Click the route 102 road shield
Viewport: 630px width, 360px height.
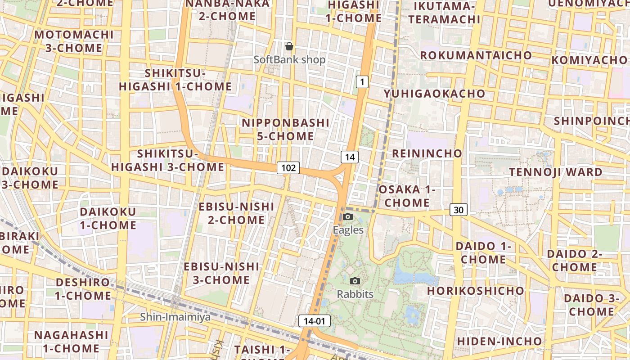288,168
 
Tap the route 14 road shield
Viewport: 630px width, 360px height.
350,157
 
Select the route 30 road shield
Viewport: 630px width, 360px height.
458,210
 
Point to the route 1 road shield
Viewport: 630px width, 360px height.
362,82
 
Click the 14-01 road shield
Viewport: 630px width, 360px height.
314,321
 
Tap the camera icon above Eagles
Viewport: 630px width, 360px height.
348,217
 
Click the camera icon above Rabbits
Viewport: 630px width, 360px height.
355,281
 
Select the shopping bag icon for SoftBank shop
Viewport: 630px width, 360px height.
289,46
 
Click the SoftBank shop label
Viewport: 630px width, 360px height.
289,59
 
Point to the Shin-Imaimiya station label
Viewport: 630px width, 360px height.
175,317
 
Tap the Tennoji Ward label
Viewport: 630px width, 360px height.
555,172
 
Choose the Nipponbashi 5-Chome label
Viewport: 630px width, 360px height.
285,129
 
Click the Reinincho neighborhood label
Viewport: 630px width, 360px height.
427,153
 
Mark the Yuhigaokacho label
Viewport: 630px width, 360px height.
434,94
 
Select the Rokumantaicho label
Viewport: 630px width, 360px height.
476,55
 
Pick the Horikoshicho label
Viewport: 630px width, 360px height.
476,291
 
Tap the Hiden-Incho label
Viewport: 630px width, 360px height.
499,341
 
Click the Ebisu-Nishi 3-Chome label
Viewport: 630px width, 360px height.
221,273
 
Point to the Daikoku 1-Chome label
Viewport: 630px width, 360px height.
108,218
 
